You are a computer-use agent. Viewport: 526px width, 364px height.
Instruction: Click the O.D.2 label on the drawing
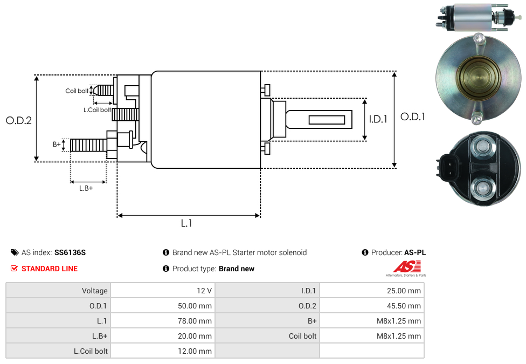click(18, 121)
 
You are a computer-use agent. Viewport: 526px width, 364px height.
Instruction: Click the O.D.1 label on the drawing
click(412, 116)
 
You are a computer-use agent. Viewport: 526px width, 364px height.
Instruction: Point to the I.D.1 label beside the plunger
click(378, 120)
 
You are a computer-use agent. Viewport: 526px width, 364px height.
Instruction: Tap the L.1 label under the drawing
click(186, 223)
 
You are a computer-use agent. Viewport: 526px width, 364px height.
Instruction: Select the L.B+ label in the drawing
click(86, 188)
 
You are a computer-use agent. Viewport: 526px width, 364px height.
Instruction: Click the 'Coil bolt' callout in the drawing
click(77, 91)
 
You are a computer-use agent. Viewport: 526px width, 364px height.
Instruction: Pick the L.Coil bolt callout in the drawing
click(97, 110)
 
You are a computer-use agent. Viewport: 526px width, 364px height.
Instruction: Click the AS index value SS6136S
click(70, 252)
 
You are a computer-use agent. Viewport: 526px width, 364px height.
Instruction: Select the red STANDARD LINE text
click(50, 269)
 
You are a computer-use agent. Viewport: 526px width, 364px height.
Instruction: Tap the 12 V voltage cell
click(204, 291)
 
